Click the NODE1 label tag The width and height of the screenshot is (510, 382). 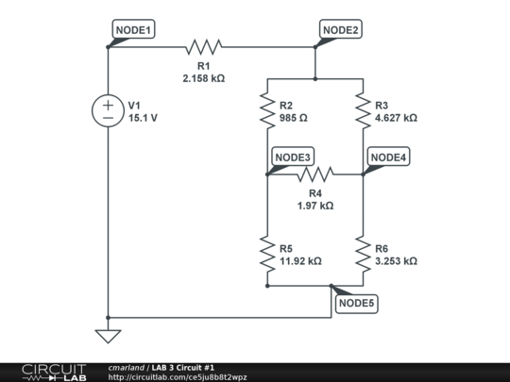[x=133, y=30]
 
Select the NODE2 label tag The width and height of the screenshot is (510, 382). [x=341, y=30]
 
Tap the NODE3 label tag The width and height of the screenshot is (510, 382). [x=293, y=157]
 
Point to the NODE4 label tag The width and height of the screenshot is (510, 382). [x=389, y=157]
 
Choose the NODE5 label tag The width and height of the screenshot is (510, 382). [x=357, y=303]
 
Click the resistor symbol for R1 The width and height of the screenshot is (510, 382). [x=204, y=46]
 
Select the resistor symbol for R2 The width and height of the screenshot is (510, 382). [x=267, y=110]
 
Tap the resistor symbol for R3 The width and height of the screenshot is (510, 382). [x=363, y=110]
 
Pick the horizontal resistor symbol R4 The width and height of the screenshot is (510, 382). [x=314, y=174]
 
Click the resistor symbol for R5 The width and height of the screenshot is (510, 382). [x=267, y=253]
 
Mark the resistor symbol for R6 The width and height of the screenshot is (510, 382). [x=363, y=253]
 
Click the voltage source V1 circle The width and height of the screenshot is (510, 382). [x=108, y=110]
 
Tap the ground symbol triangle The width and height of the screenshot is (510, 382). [x=108, y=334]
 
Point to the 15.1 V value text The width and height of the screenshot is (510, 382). [x=144, y=119]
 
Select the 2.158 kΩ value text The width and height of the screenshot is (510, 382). [x=204, y=78]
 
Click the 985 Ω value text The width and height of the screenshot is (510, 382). [x=295, y=119]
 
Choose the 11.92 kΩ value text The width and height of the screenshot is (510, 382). [x=300, y=261]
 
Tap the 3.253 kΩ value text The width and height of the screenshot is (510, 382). [x=396, y=261]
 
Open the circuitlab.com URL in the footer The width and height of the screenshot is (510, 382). [x=178, y=377]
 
